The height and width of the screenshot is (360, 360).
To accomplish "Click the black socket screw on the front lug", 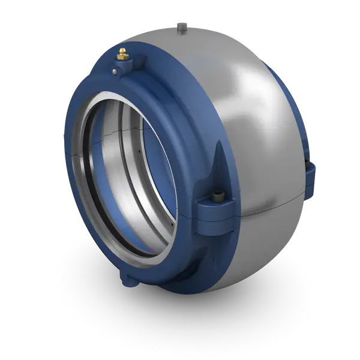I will click(x=217, y=194).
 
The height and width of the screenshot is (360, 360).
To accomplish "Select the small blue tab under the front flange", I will click(x=127, y=277).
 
